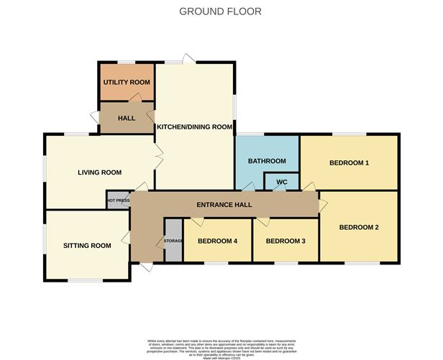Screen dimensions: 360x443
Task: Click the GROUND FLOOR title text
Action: coord(220,11)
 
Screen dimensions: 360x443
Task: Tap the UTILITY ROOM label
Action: coord(127,83)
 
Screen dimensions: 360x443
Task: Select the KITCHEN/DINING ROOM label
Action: coord(195,127)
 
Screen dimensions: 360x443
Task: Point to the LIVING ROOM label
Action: coord(99,172)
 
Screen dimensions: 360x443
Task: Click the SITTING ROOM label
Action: coord(87,246)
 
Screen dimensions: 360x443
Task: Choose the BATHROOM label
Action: coord(267,162)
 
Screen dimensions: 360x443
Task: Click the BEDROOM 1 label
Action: coord(349,163)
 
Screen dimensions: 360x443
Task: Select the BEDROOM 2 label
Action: coord(358,228)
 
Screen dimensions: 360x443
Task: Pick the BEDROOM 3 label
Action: coord(286,241)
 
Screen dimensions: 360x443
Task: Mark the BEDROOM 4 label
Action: coord(217,241)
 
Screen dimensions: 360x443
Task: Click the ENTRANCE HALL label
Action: coord(224,206)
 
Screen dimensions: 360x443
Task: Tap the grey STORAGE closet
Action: coord(173,240)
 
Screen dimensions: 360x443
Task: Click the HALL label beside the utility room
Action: coord(127,118)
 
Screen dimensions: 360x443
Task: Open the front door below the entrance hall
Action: coord(146,267)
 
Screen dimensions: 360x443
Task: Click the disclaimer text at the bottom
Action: coord(220,345)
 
